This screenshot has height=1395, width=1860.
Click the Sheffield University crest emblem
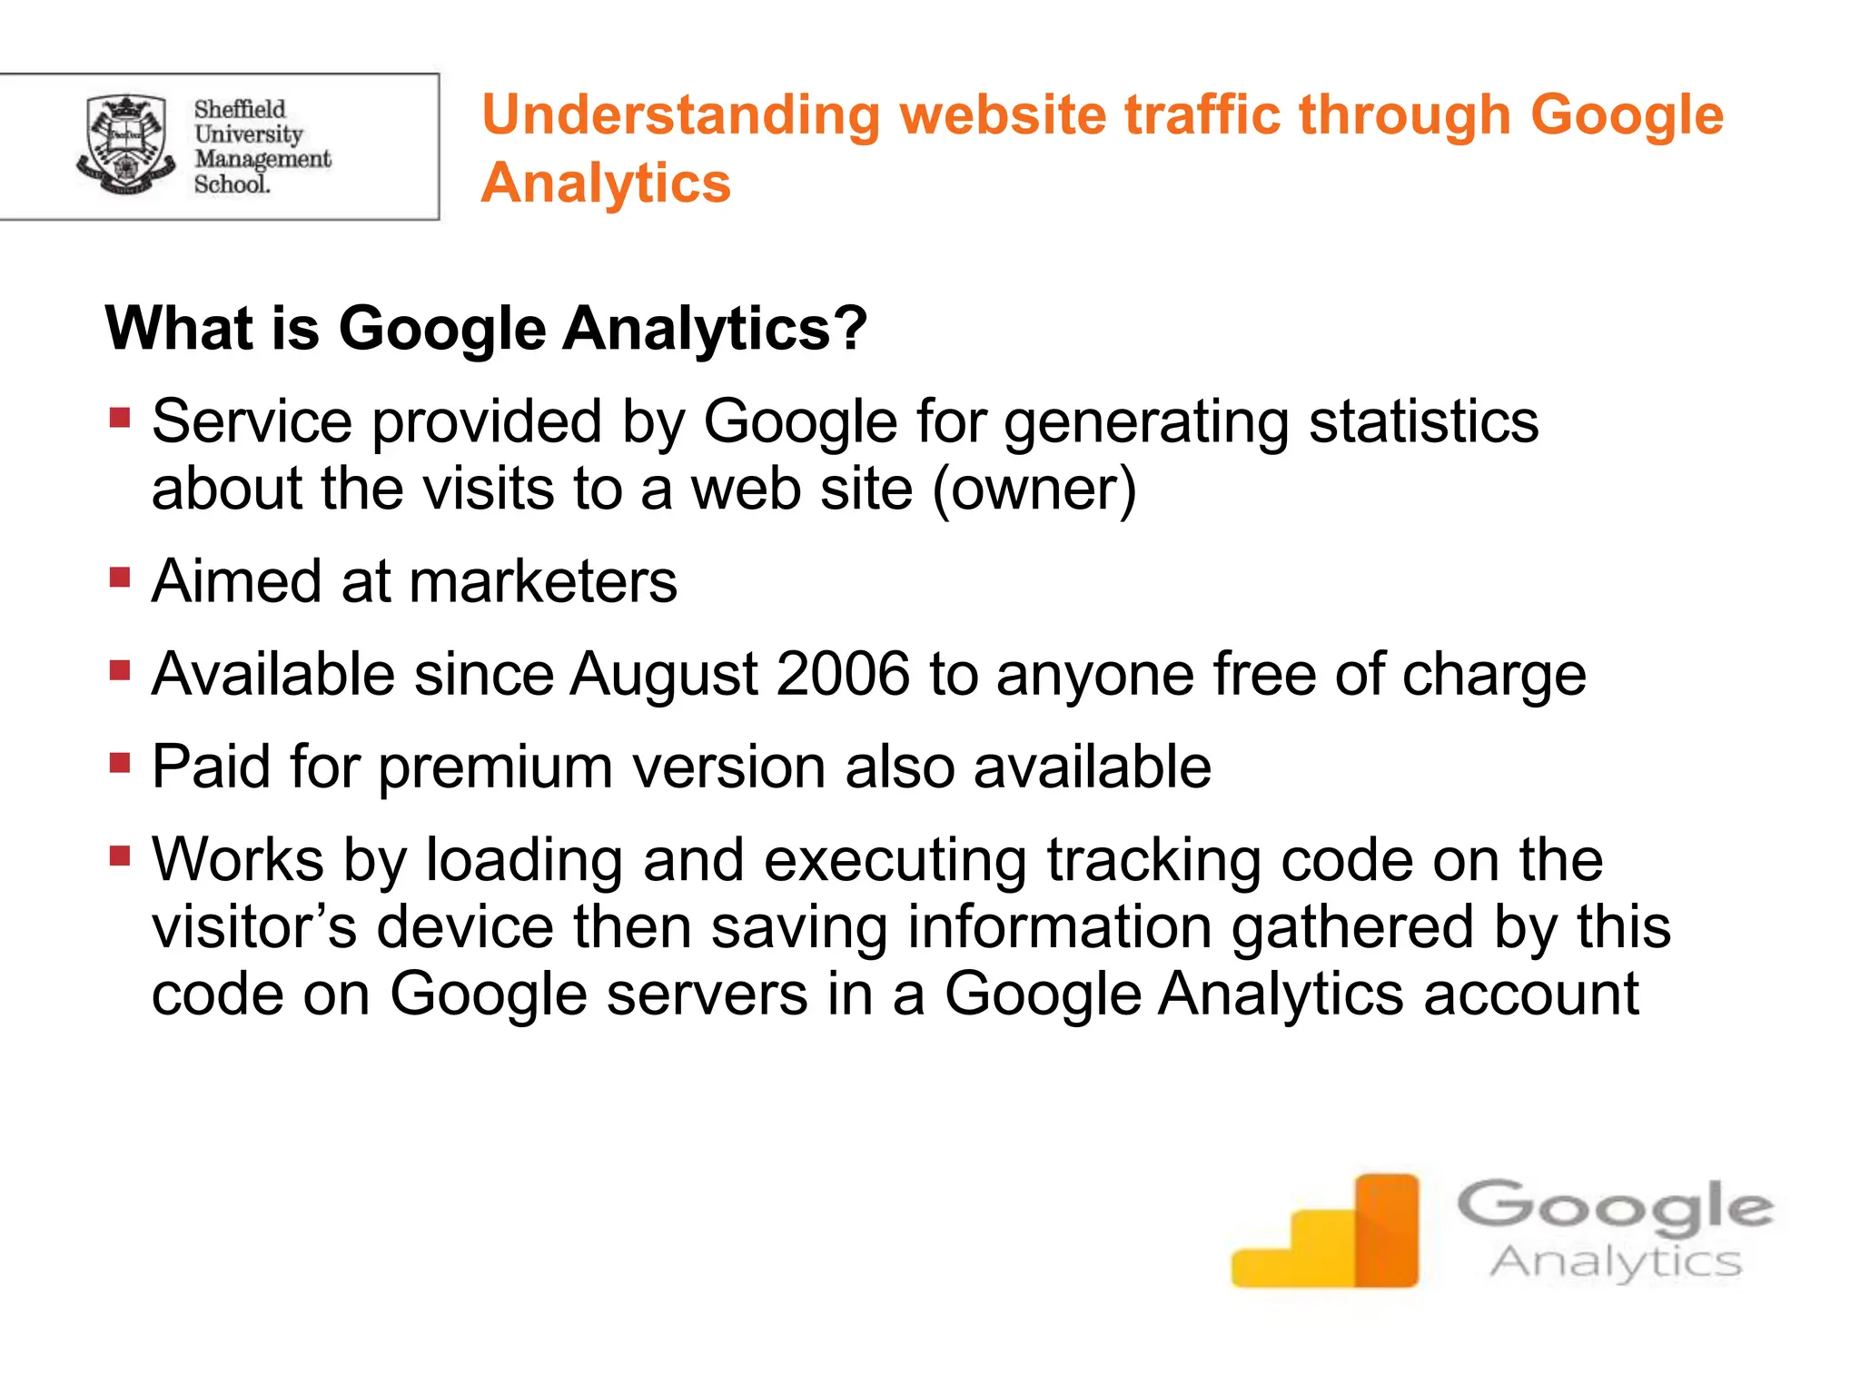(x=125, y=145)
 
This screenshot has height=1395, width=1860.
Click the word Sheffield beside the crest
(x=239, y=109)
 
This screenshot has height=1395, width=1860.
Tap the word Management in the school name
(x=262, y=159)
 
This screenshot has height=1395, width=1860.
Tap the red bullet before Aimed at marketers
(x=120, y=578)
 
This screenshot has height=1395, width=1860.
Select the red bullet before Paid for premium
(x=120, y=762)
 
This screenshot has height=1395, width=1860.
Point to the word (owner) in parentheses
(x=1034, y=489)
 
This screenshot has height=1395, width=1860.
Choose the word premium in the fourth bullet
(x=496, y=767)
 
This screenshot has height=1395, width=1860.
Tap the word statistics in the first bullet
(x=1423, y=421)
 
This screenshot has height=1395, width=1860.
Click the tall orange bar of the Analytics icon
(x=1386, y=1230)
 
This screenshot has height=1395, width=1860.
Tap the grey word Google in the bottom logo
(x=1615, y=1207)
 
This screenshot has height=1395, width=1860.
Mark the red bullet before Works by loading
(x=120, y=856)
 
